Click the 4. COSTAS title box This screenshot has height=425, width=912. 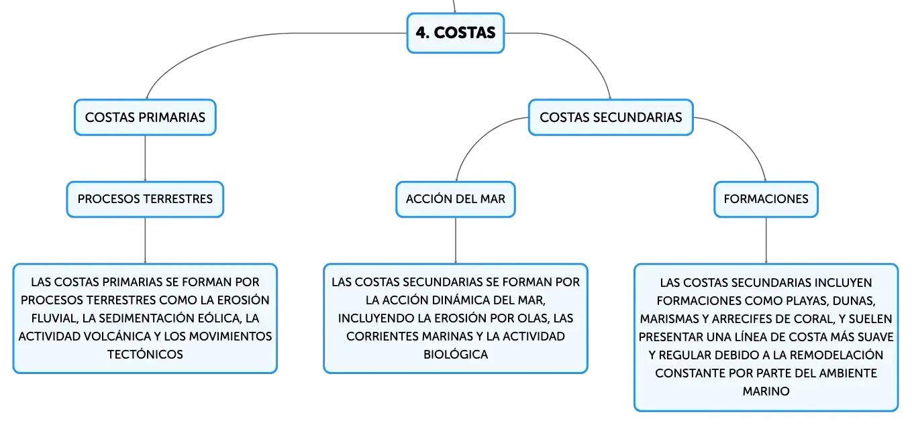click(456, 33)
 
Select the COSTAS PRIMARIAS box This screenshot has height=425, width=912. click(145, 117)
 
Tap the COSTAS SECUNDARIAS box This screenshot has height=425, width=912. click(611, 117)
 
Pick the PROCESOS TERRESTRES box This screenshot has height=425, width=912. click(145, 199)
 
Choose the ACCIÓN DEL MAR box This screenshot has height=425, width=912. click(456, 199)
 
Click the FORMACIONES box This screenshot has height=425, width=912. click(766, 199)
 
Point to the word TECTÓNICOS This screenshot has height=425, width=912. click(145, 354)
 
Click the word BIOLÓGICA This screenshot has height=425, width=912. click(456, 354)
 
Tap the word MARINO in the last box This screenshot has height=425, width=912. click(766, 391)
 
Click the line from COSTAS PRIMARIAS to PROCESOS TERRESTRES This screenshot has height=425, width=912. click(145, 159)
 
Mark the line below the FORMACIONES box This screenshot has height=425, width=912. click(766, 241)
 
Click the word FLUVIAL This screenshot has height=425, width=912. click(54, 318)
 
